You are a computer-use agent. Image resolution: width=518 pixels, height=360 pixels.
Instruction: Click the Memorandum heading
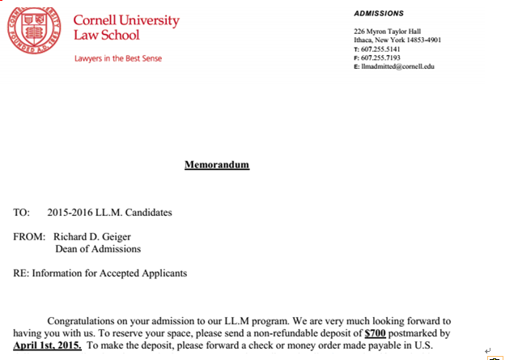click(x=217, y=165)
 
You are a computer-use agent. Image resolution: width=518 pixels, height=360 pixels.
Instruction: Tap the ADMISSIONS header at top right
click(x=379, y=13)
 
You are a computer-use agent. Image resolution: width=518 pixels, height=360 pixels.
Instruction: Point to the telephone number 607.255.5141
click(x=380, y=49)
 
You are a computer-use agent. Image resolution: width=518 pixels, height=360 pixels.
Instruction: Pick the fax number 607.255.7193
click(x=380, y=57)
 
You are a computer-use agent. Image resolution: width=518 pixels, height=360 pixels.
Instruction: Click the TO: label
click(x=22, y=213)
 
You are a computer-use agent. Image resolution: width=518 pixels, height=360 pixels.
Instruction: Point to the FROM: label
click(x=30, y=237)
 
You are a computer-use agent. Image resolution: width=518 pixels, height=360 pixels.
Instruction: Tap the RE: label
click(x=21, y=273)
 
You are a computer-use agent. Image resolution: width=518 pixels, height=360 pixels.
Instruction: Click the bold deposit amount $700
click(x=376, y=332)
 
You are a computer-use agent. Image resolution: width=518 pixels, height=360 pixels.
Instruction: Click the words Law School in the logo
click(x=106, y=35)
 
